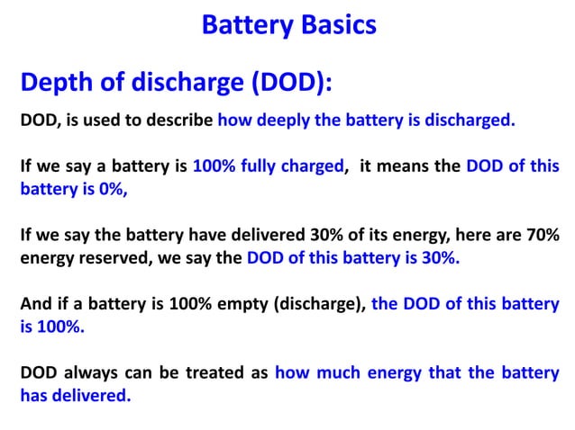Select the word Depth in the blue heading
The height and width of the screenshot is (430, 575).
(x=55, y=84)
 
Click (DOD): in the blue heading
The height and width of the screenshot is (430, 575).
(x=289, y=84)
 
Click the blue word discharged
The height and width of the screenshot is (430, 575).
(x=470, y=120)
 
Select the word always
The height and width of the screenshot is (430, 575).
(x=95, y=372)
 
